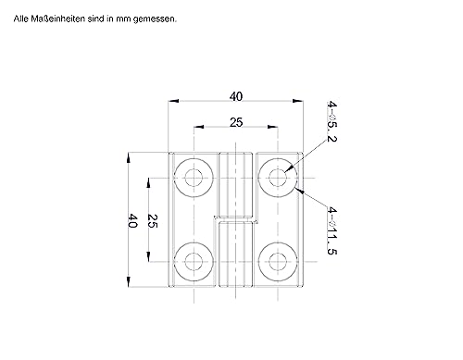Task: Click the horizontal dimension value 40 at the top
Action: tap(236, 94)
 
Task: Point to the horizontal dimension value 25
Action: tap(236, 122)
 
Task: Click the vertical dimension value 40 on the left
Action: tap(132, 219)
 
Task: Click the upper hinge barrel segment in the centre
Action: tap(236, 185)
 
